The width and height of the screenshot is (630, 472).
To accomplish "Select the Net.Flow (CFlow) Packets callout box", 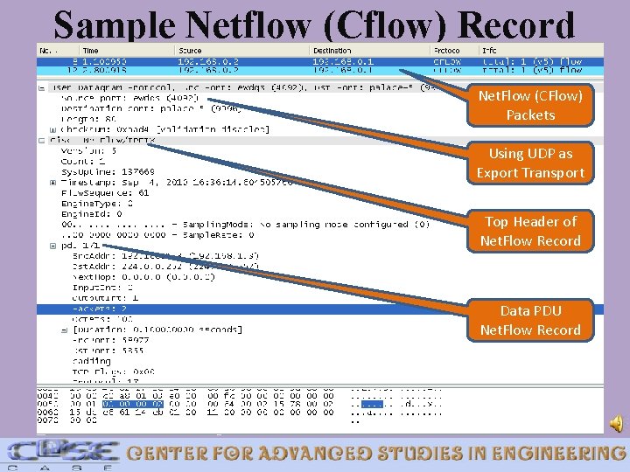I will (530, 105).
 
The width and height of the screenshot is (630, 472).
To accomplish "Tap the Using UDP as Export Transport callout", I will (530, 163).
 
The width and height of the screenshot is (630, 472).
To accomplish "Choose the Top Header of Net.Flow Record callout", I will (530, 231).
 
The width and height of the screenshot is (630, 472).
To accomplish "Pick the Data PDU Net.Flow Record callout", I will (530, 320).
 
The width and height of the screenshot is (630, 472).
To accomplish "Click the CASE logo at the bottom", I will (61, 453).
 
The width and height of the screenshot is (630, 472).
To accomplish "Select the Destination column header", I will (332, 51).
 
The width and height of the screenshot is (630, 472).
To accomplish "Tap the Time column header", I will (91, 51).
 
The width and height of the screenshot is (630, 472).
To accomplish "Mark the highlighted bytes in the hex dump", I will (132, 404).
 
